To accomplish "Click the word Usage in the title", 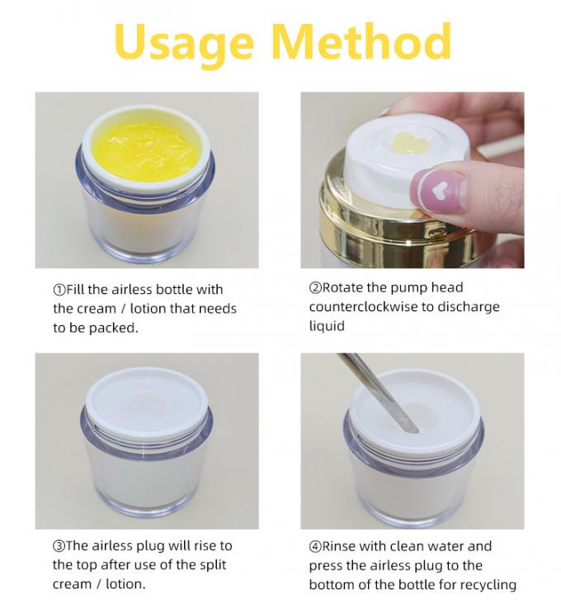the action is [x=184, y=43].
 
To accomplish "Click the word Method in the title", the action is [x=362, y=40].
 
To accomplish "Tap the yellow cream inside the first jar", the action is [x=147, y=151].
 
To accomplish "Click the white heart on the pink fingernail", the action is [x=438, y=190].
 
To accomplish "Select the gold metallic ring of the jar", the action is [x=401, y=224].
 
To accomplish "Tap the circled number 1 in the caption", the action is [x=59, y=290].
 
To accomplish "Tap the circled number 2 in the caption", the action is [x=315, y=288].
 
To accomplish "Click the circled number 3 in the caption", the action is [x=59, y=546].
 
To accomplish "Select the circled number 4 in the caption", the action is [x=315, y=546].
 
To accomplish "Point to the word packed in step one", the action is [x=113, y=328].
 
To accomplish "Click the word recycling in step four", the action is [x=488, y=585].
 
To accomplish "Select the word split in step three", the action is [x=213, y=565].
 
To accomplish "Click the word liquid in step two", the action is [x=327, y=326].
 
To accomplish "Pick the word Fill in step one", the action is [x=75, y=290].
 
